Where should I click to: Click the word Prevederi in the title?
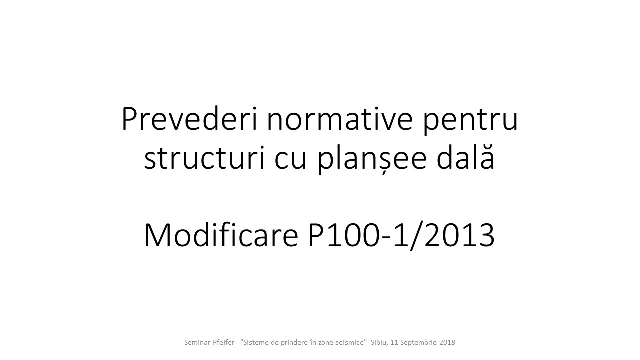189,119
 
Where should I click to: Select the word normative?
340,119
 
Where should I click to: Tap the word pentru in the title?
470,121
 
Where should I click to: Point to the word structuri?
204,158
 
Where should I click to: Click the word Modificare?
221,235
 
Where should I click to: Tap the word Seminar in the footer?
197,342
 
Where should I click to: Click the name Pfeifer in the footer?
223,342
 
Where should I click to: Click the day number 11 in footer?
394,342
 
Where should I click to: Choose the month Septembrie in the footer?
419,343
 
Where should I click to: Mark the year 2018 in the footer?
447,342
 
